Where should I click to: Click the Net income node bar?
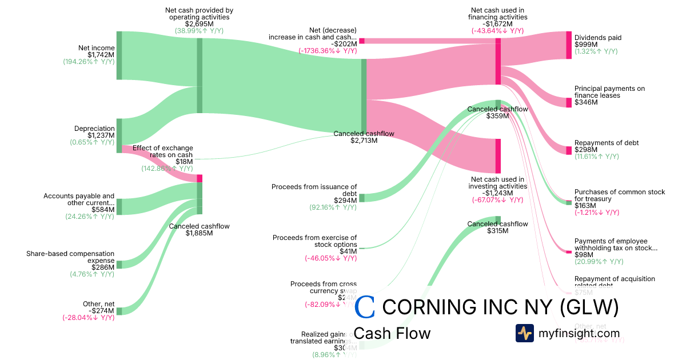point(119,55)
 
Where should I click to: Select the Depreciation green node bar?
point(119,135)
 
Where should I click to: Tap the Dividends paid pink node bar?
point(568,45)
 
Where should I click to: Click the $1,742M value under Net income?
point(101,55)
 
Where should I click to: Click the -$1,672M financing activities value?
point(497,24)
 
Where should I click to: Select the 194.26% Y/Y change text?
point(89,62)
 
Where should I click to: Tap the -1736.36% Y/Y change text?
point(328,50)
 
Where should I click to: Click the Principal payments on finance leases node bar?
point(568,102)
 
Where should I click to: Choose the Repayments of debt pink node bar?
point(568,150)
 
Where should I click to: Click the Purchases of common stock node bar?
point(568,202)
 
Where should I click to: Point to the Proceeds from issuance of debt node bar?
point(361,198)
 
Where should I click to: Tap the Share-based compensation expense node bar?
point(119,265)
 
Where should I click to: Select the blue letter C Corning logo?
point(365,307)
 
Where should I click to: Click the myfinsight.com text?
point(579,333)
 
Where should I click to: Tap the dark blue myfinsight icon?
point(524,333)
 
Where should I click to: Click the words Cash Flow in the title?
point(392,333)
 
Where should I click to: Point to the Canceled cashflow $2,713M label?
point(364,137)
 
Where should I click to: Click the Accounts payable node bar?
point(119,207)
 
